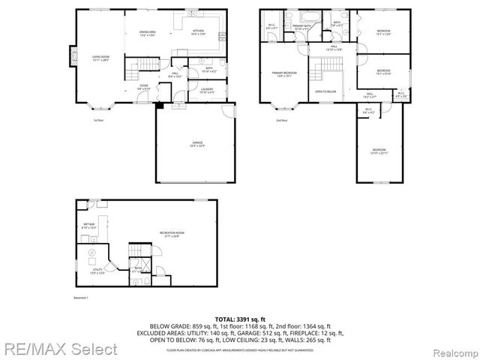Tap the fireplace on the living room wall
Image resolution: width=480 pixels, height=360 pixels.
[73, 56]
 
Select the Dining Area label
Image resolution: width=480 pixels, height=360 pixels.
[147, 34]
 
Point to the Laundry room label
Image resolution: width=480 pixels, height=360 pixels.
[208, 91]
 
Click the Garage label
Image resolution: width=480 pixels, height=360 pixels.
[196, 145]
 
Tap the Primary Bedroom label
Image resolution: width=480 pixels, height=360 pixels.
[283, 73]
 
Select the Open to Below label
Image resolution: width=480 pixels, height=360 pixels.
[325, 91]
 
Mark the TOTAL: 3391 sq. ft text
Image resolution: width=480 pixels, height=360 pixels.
[240, 318]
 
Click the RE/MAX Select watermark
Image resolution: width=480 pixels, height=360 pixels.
[58, 349]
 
